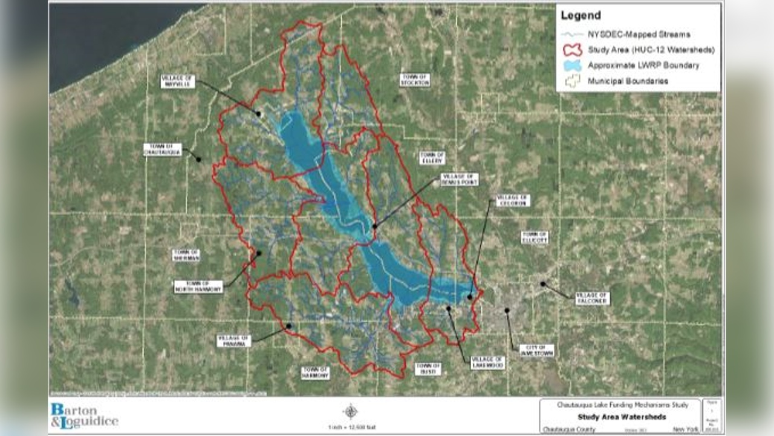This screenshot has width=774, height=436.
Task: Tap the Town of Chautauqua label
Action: [x=163, y=150]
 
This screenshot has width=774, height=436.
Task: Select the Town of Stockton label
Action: [x=415, y=79]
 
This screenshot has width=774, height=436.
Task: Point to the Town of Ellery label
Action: [x=432, y=157]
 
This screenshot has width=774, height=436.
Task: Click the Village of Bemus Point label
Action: [x=459, y=179]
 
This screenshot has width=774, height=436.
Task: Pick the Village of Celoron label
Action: [x=513, y=200]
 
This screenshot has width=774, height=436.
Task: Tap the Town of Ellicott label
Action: [x=535, y=237]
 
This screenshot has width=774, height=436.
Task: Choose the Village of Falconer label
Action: [x=593, y=298]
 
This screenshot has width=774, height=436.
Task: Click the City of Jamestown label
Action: [x=536, y=350]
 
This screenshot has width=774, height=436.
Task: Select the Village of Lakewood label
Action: [x=488, y=362]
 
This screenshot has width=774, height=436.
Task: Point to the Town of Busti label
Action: [x=428, y=369]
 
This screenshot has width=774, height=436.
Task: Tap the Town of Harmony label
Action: [x=316, y=373]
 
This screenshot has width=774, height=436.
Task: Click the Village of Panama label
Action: [x=233, y=341]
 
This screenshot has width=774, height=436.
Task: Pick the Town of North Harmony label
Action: [x=198, y=286]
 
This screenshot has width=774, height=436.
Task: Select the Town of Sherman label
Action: [x=186, y=255]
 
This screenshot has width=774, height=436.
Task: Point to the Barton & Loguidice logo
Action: [x=84, y=415]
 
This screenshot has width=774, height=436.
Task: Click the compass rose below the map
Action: [x=351, y=412]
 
